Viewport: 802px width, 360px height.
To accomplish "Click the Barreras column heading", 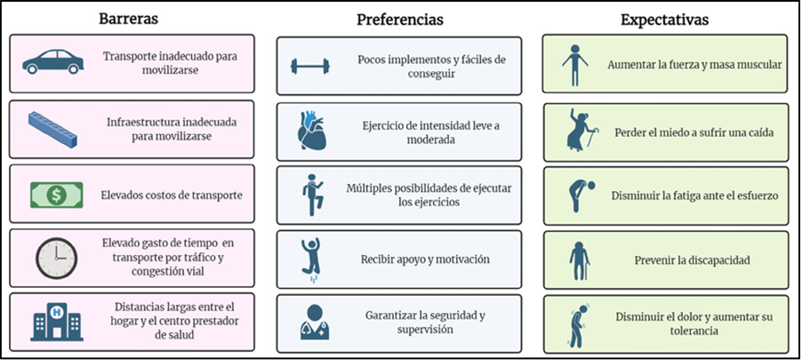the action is pos(128,19).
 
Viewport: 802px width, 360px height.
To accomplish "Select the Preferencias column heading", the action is pos(400,20).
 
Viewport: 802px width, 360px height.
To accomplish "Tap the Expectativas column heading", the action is pos(665,20).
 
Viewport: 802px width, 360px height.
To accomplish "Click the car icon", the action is pos(52,62).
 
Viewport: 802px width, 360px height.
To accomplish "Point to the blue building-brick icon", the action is pos(52,130).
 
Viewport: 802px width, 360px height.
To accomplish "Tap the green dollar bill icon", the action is pos(56,195).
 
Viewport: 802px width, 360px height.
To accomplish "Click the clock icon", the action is pos(56,259).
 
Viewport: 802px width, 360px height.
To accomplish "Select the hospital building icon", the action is pos(56,322).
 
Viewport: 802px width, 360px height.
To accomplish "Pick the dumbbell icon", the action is pos(310,66).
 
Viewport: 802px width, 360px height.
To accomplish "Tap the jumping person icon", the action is pos(311,259).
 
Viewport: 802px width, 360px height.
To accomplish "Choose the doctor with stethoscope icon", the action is pos(315,322).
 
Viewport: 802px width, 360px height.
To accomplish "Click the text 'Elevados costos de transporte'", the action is pos(172,195).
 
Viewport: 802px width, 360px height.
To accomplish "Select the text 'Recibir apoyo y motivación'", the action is pos(425,260).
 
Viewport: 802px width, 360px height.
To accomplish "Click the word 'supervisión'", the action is pos(425,329).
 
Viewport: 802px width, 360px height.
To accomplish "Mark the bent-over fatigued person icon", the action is pos(580,195).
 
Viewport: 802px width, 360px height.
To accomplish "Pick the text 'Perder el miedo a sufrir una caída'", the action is pos(694,132).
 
